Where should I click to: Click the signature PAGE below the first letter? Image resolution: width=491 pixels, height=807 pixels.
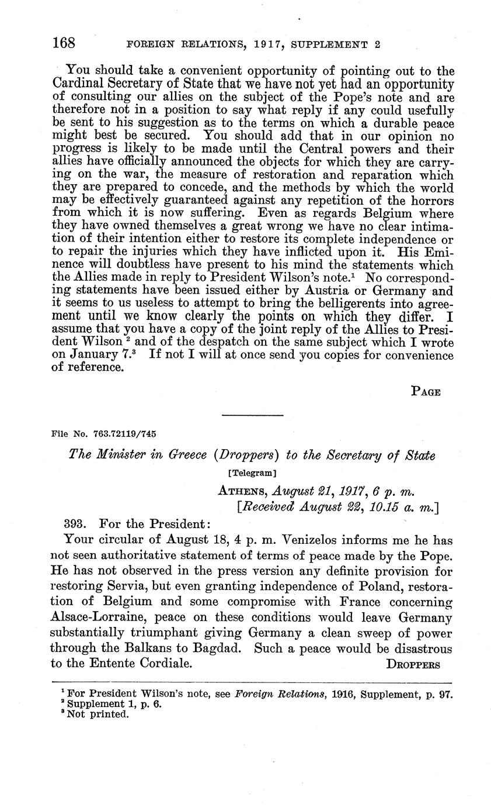coord(426,392)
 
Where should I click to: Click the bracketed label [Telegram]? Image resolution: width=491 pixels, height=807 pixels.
coord(252,471)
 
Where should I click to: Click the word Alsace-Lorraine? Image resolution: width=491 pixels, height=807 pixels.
coord(109,618)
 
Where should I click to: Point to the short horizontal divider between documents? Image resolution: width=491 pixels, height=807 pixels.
coord(252,415)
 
